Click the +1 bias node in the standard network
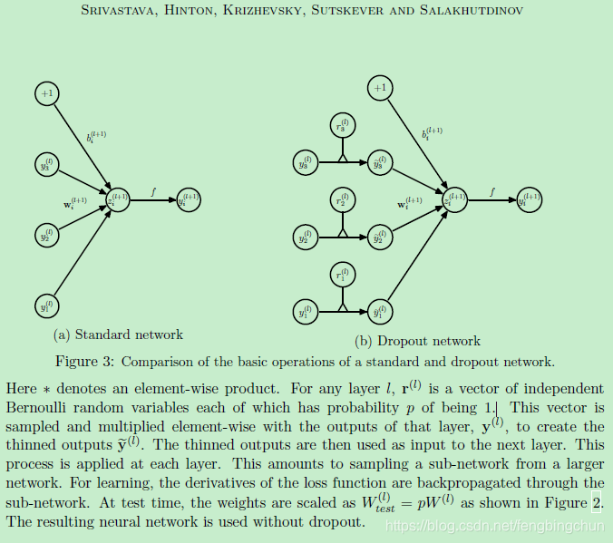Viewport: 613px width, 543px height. tap(47, 93)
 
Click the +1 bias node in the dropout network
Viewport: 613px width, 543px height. tap(380, 88)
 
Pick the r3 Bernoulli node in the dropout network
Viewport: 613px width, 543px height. tap(341, 128)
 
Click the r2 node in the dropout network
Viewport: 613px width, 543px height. tap(341, 202)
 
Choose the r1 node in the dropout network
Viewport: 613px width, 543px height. tap(341, 276)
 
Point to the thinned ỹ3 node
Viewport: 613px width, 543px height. tap(380, 164)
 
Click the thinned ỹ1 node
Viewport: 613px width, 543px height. tap(380, 312)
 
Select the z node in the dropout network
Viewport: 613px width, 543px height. tap(454, 199)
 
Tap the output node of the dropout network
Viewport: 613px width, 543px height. tap(529, 199)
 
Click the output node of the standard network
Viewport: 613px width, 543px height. tap(189, 199)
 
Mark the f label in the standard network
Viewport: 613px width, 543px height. tap(154, 191)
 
